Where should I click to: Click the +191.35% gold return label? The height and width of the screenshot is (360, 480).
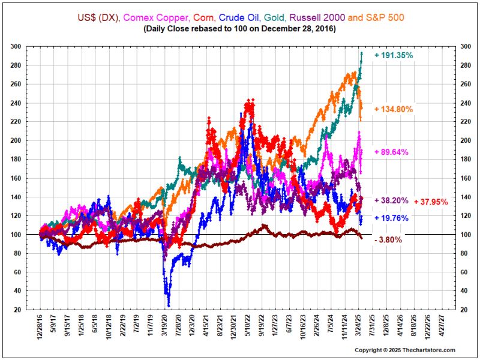pos(394,55)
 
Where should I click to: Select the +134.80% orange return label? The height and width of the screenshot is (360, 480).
pos(394,109)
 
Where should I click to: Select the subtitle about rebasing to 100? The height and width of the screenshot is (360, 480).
pos(240,29)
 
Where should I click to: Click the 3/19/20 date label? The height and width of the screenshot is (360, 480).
pos(164,328)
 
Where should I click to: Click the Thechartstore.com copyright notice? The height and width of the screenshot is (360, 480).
pos(406,350)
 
